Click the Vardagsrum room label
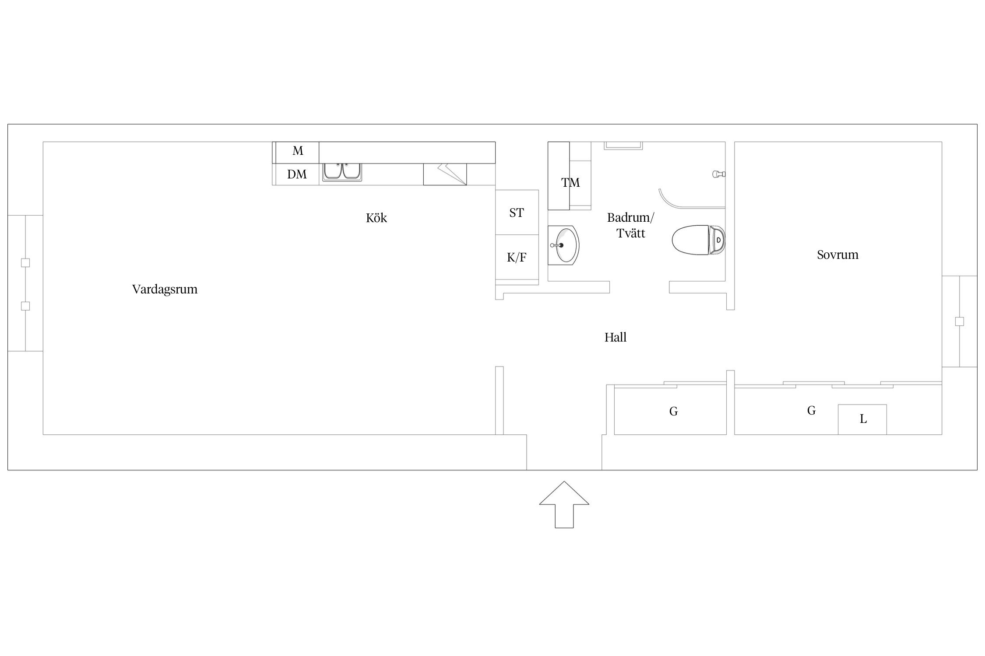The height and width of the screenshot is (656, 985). [x=165, y=290]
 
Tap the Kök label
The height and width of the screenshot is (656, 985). [x=376, y=218]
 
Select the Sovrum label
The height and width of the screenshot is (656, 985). [x=837, y=255]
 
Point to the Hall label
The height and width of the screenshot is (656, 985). [x=616, y=337]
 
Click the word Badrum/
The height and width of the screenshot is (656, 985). [x=630, y=217]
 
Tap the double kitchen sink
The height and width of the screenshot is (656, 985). [x=342, y=171]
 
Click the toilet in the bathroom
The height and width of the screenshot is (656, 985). [x=699, y=240]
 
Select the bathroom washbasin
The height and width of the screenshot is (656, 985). [x=563, y=245]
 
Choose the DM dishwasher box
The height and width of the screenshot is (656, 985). [x=296, y=174]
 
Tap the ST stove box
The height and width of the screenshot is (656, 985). [x=517, y=212]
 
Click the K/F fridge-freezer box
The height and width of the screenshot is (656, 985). [x=517, y=257]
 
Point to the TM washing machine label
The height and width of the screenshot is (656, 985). [x=570, y=182]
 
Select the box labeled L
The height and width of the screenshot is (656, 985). [x=862, y=419]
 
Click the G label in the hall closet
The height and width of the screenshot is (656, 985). [x=674, y=412]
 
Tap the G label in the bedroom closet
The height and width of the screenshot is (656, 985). [x=811, y=411]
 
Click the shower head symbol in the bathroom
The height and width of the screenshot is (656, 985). [x=719, y=174]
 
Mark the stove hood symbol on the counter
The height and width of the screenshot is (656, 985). [x=445, y=174]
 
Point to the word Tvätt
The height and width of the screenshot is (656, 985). [x=631, y=233]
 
